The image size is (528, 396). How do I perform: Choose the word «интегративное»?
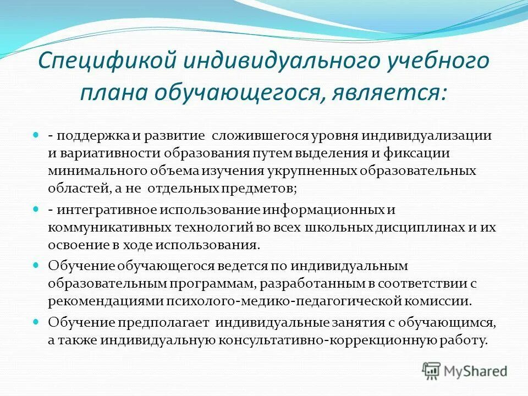pos(105,211)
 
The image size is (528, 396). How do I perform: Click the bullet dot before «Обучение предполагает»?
pos(36,322)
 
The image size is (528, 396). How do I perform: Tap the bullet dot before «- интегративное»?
pos(36,210)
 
